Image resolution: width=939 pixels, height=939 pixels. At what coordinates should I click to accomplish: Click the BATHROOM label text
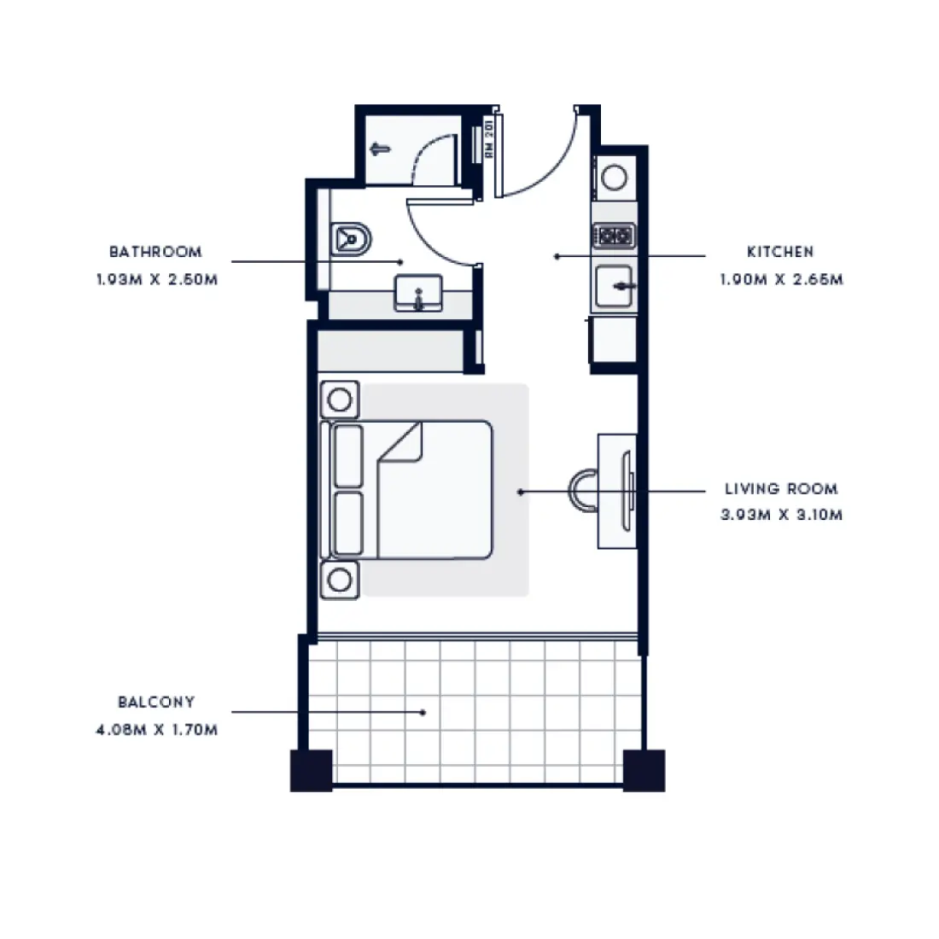pos(155,252)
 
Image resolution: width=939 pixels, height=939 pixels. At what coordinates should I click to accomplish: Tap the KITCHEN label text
pos(780,252)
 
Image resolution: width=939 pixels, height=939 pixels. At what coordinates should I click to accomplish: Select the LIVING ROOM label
pos(781,489)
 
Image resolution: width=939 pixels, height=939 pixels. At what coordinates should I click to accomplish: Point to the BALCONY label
pos(156,702)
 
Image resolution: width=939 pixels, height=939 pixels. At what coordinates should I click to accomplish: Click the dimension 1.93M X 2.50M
pos(156,279)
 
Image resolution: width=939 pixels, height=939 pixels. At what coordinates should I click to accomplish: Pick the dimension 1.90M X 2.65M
pos(781,279)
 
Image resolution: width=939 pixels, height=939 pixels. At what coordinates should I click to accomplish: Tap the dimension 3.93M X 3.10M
pos(781,515)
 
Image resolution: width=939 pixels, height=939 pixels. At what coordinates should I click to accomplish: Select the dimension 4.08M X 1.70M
pos(156,730)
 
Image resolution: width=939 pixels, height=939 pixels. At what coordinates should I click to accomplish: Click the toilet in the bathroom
pos(350,239)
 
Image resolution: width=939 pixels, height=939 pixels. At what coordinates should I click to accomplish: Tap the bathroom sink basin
pos(418,293)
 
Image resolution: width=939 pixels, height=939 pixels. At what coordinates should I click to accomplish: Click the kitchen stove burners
pos(615,234)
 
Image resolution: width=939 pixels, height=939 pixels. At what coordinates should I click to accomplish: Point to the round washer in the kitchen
pos(615,178)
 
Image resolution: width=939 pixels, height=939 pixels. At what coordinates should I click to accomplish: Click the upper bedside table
pos(339,399)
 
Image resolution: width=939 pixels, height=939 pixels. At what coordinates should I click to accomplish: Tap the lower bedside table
pos(339,580)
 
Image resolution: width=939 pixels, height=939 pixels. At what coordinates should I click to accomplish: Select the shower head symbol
pos(380,149)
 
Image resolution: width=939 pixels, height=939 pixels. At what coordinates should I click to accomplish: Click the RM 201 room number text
pos(489,138)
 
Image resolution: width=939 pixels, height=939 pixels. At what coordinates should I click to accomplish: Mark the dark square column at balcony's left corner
pos(311,770)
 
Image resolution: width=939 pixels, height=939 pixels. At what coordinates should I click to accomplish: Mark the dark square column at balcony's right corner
pos(644,770)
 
